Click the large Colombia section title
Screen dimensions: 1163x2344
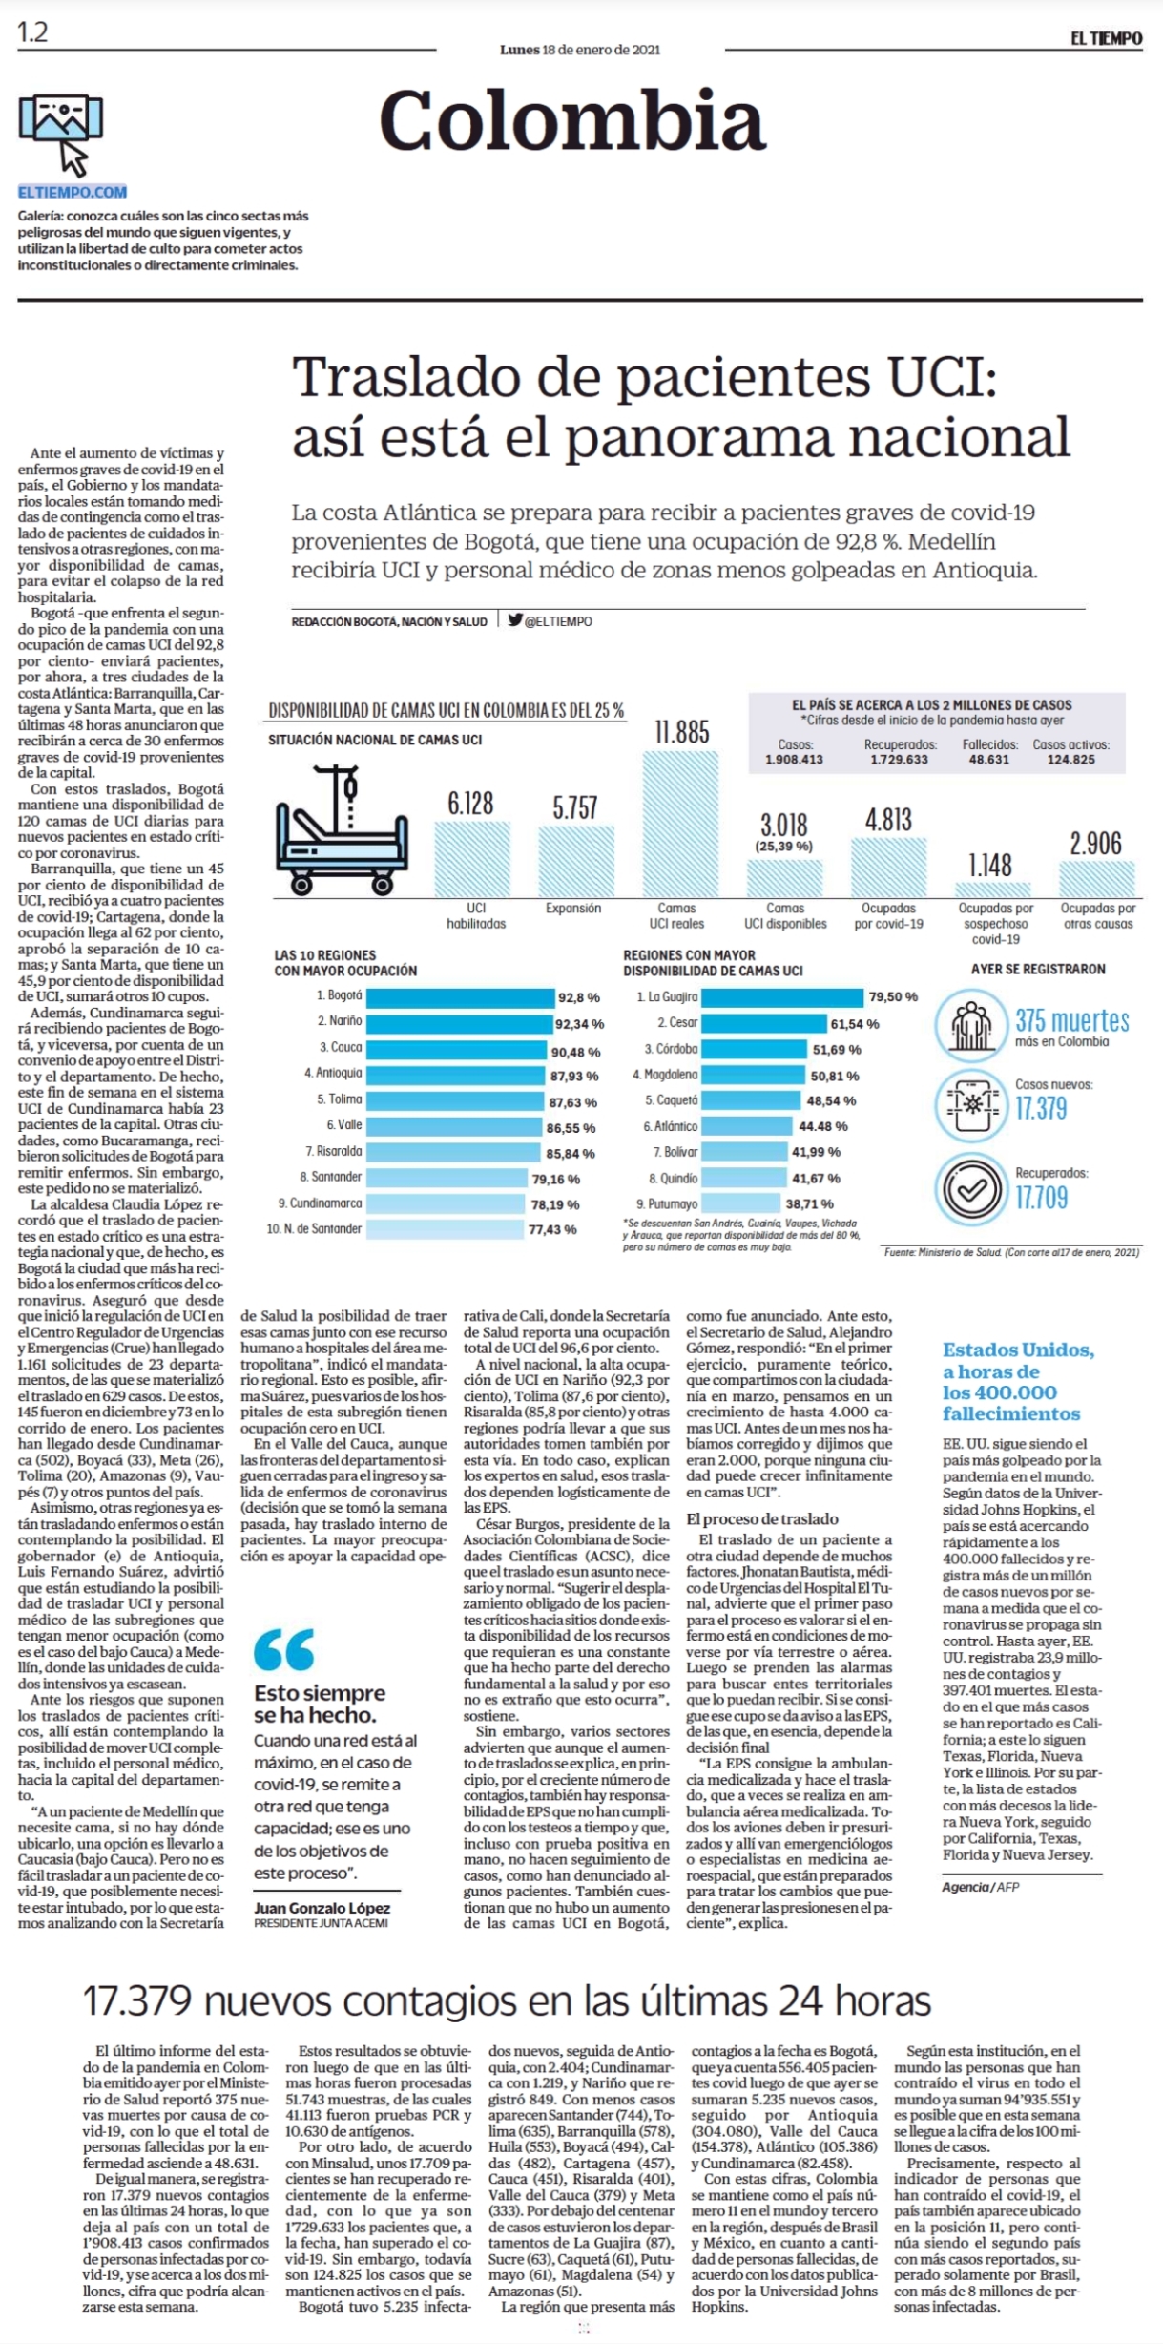(571, 120)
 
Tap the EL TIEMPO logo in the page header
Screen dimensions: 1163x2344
(1105, 38)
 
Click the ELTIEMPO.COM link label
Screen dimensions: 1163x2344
(73, 192)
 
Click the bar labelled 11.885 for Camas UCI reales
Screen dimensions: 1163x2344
(681, 824)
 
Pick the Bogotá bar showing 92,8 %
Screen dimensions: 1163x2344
(460, 997)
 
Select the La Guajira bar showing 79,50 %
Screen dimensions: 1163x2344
(782, 997)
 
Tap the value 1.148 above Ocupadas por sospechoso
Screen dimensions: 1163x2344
(990, 865)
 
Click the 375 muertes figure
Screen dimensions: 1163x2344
(1071, 1020)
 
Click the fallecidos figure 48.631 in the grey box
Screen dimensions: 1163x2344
(989, 760)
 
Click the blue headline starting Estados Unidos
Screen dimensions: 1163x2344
(1018, 1381)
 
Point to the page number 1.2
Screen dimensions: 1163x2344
(32, 32)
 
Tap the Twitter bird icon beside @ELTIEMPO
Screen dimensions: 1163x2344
(515, 619)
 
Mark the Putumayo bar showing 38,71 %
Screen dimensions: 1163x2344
(740, 1203)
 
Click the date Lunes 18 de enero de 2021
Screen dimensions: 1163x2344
(580, 50)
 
